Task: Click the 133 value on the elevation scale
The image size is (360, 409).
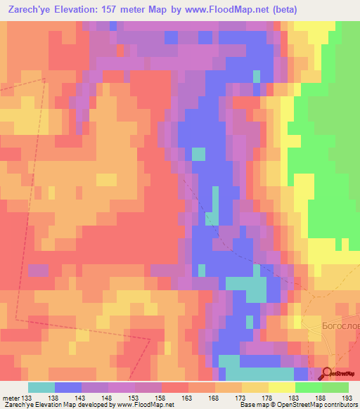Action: (28, 397)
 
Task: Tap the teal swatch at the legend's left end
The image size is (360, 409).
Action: (41, 387)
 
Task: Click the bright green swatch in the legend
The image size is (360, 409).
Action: (308, 387)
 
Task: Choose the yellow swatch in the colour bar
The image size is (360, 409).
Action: (281, 387)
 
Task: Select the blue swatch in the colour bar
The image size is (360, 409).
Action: (68, 387)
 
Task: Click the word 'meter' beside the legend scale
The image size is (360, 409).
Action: (11, 397)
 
